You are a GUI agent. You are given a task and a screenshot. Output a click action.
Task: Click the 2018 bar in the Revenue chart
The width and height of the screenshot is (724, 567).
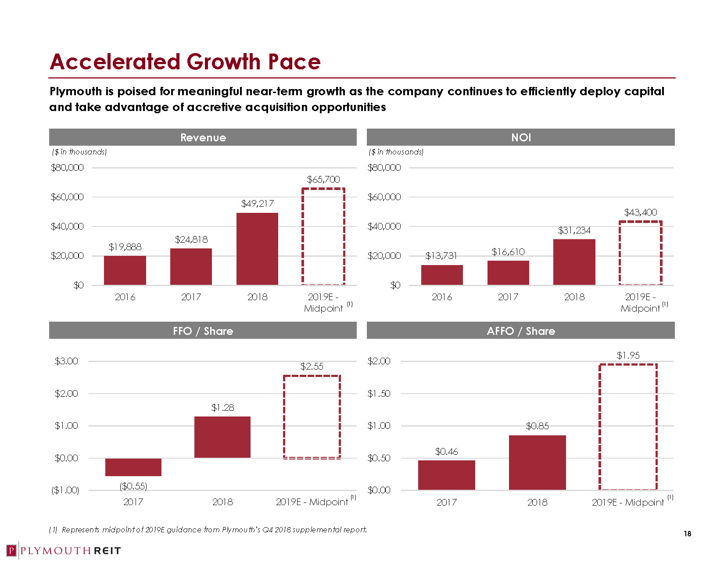click(x=257, y=248)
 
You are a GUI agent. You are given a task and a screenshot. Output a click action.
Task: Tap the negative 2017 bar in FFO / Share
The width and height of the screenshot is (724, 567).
click(x=133, y=467)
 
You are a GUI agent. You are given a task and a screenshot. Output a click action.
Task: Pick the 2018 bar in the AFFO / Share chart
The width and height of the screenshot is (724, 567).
click(x=537, y=463)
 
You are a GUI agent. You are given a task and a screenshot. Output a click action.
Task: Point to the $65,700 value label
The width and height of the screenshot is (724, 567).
click(x=323, y=179)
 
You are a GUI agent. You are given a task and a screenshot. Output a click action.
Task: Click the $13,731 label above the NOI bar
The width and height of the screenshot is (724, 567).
click(x=441, y=255)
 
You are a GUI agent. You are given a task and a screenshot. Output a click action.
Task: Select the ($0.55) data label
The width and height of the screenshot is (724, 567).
click(x=133, y=486)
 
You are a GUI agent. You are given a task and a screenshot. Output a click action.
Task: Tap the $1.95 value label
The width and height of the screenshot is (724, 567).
click(x=628, y=355)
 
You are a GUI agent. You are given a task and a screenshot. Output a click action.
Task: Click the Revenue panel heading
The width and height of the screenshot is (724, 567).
click(x=203, y=138)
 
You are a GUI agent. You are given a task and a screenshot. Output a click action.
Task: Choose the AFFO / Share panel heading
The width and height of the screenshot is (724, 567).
click(x=521, y=331)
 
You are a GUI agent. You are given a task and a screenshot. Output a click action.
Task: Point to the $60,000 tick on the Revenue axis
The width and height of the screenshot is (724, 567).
click(x=67, y=197)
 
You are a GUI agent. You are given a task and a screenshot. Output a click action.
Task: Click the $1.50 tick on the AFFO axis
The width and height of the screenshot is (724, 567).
click(x=379, y=394)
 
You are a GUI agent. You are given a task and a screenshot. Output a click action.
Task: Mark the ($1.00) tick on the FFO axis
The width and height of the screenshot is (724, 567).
click(x=65, y=490)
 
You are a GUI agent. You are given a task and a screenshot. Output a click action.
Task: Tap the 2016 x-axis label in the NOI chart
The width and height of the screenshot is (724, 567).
click(x=442, y=297)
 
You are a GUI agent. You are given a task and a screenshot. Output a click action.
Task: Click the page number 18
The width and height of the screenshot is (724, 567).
click(x=687, y=534)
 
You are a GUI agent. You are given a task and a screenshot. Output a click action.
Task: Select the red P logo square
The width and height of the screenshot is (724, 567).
click(x=11, y=550)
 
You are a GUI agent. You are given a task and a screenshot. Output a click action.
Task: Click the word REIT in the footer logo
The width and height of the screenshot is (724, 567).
click(x=108, y=551)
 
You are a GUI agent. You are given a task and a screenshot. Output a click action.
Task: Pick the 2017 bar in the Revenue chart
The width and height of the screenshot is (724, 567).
click(x=191, y=266)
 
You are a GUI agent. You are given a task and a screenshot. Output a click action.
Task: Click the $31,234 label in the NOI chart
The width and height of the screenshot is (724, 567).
click(x=574, y=230)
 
